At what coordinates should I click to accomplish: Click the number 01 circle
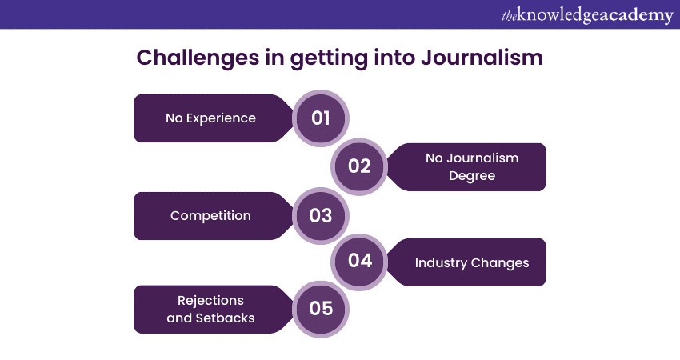coord(321,118)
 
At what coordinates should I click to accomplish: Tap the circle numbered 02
coord(359,166)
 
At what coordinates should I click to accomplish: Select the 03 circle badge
coord(321,215)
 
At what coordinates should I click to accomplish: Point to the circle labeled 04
coord(359,262)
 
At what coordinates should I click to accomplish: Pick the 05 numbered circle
coord(321,309)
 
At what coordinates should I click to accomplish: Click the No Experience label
coord(210,118)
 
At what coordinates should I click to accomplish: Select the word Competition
coord(210,215)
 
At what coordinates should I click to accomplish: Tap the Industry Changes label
coord(472,263)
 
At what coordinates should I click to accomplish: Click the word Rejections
coord(210,301)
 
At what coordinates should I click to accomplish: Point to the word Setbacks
coord(225,318)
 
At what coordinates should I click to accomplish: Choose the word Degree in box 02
coord(472,176)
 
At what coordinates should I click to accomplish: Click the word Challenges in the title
coord(198,58)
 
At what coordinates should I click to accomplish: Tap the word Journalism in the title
coord(482,58)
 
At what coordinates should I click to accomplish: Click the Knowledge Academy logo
coord(587,15)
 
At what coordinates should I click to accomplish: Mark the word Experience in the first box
coord(221,118)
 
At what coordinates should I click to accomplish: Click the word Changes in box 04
coord(500,263)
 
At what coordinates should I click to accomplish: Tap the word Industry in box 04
coord(441,263)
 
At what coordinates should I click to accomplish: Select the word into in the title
coord(394,58)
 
